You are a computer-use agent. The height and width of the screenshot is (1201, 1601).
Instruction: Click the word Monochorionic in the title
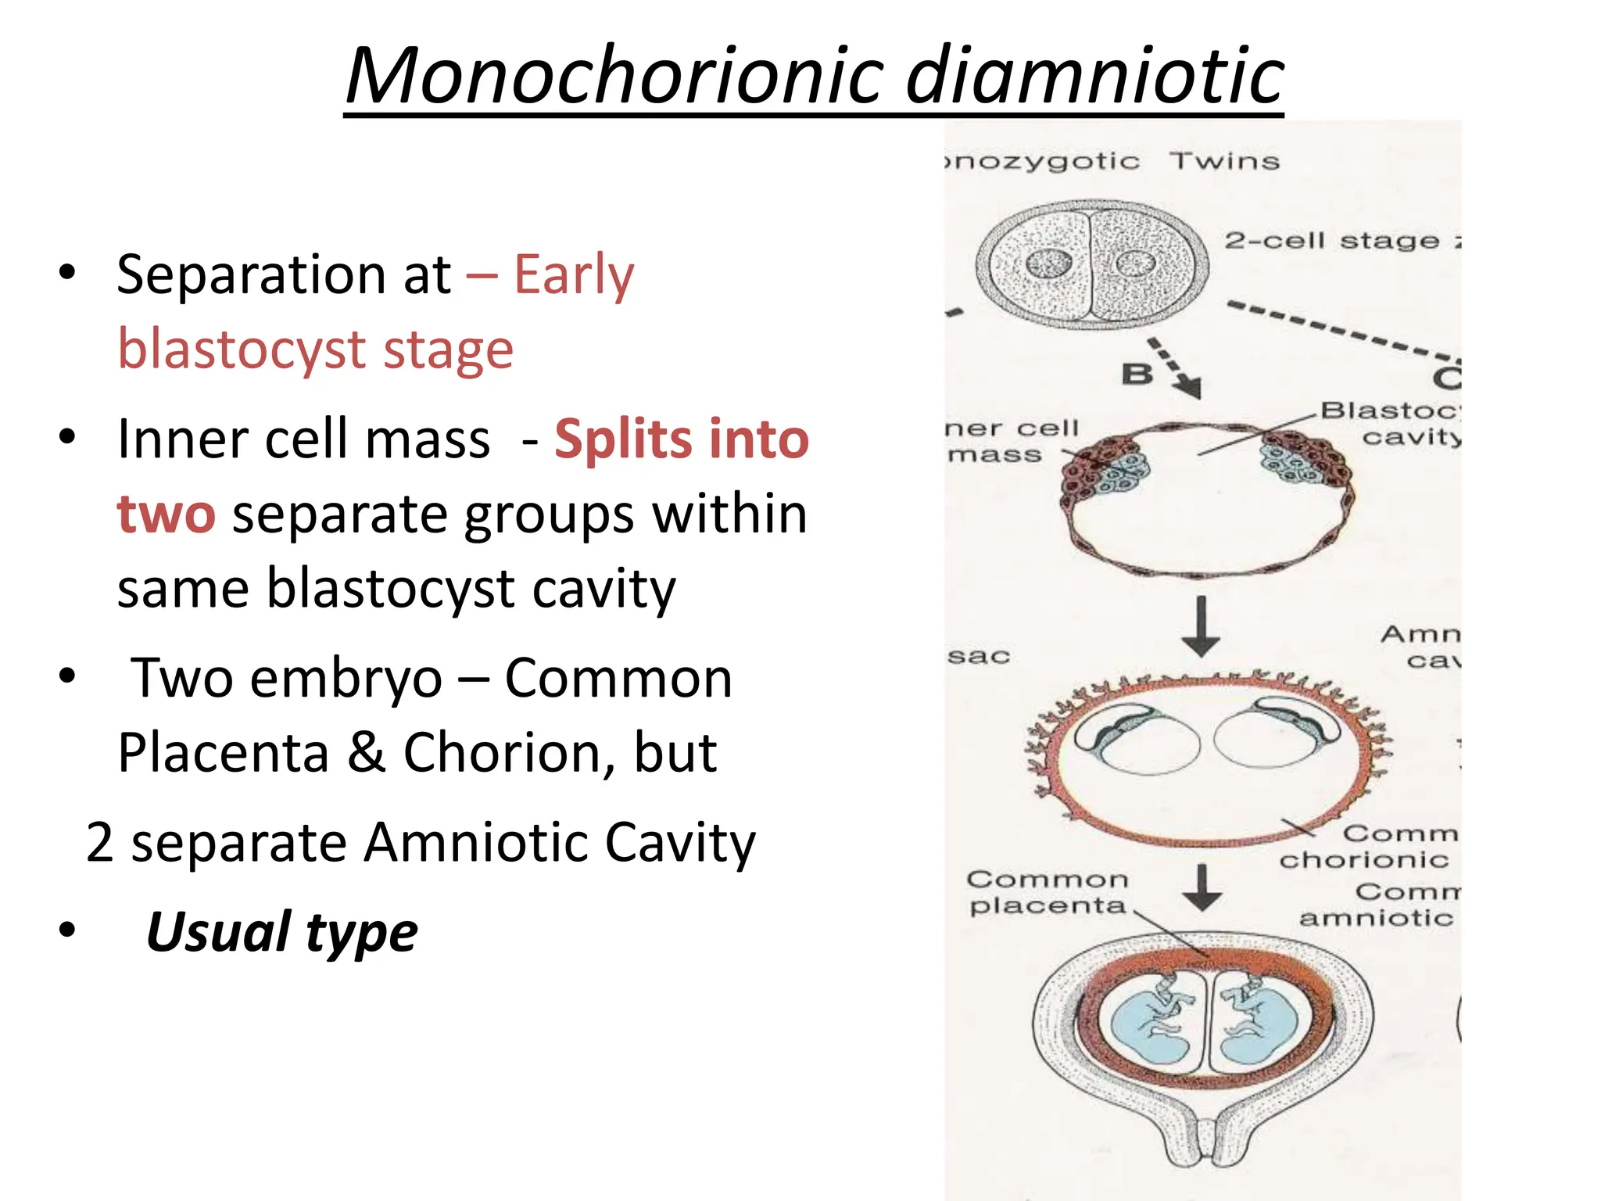click(614, 76)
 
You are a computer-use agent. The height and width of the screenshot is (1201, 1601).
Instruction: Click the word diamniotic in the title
click(1094, 76)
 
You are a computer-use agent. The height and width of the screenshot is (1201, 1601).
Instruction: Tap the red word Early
click(574, 275)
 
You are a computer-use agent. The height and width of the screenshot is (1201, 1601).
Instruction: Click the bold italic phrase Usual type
click(281, 932)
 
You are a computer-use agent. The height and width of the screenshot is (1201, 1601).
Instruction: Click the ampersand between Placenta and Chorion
click(366, 753)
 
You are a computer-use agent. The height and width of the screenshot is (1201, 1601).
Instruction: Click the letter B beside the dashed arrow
click(1137, 375)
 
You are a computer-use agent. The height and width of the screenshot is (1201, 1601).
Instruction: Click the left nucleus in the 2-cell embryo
click(1048, 264)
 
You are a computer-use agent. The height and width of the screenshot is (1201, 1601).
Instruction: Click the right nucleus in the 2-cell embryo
click(1135, 264)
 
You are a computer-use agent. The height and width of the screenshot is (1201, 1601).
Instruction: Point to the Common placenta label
click(1048, 892)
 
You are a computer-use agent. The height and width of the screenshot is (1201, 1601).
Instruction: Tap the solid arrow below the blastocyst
click(1202, 626)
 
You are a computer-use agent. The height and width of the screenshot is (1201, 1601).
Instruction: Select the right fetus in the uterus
click(1258, 1023)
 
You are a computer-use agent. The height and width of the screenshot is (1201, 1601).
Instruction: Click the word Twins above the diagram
click(1224, 162)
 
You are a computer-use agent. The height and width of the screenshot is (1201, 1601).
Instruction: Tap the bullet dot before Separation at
click(67, 273)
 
